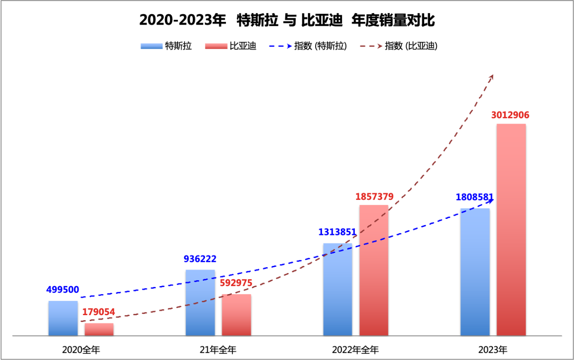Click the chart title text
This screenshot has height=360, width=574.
[x=287, y=21]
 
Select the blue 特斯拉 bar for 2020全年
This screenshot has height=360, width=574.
[x=63, y=318]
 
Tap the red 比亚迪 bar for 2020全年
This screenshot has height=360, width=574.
[x=99, y=330]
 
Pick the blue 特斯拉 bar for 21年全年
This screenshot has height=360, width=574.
[x=200, y=303]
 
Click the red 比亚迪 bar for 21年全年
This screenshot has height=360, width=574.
[x=236, y=315]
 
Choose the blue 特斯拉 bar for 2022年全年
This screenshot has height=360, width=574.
[x=338, y=290]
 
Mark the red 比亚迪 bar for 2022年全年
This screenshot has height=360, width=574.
[x=374, y=270]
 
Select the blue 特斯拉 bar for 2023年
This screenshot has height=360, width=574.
[x=475, y=272]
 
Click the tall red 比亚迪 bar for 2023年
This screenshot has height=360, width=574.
[x=511, y=230]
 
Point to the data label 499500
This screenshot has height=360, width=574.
[x=63, y=290]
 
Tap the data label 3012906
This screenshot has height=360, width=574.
[x=510, y=115]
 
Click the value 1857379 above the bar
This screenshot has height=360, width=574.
[x=374, y=197]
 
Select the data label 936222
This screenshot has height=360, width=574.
[x=200, y=259]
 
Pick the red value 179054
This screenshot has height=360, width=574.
[x=98, y=312]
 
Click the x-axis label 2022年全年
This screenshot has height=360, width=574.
[x=355, y=350]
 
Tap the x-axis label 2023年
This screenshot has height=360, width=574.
[x=493, y=350]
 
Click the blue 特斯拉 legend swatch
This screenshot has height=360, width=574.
[x=151, y=46]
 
